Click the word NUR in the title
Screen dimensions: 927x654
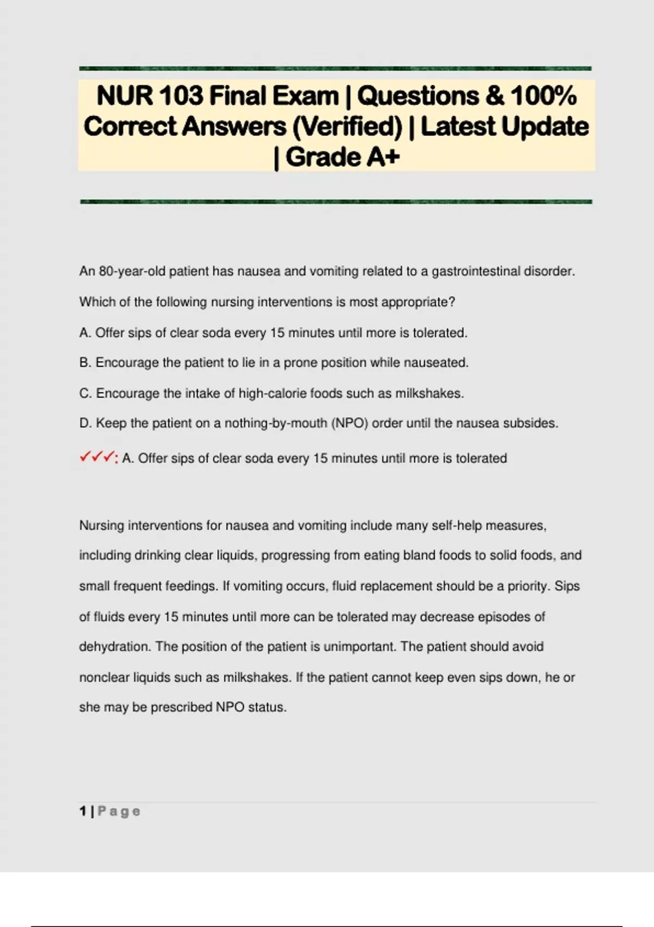coord(124,96)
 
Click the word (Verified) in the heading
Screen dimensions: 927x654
coord(347,127)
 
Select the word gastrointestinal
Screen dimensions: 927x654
coord(475,272)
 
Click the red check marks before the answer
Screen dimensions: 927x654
coord(97,458)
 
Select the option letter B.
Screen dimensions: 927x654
coord(85,363)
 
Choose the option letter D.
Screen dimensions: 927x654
coord(85,424)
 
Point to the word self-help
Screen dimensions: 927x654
coord(456,526)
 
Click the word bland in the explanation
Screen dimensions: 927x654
coord(415,556)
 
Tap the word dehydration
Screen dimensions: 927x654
coord(114,647)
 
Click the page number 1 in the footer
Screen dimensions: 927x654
coord(83,811)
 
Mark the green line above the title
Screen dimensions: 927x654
coord(335,69)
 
